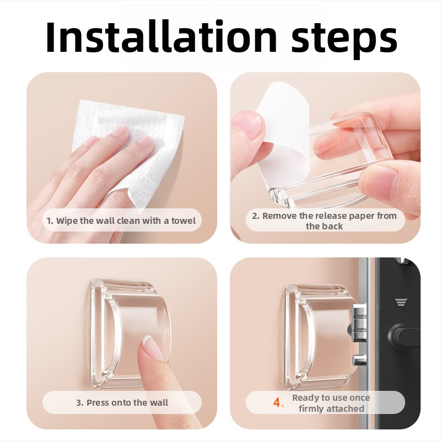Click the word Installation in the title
click(161, 36)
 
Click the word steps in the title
click(344, 40)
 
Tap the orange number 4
click(278, 403)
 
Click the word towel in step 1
click(184, 220)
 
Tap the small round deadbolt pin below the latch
click(360, 359)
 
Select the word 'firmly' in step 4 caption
click(310, 408)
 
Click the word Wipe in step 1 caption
click(67, 220)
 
